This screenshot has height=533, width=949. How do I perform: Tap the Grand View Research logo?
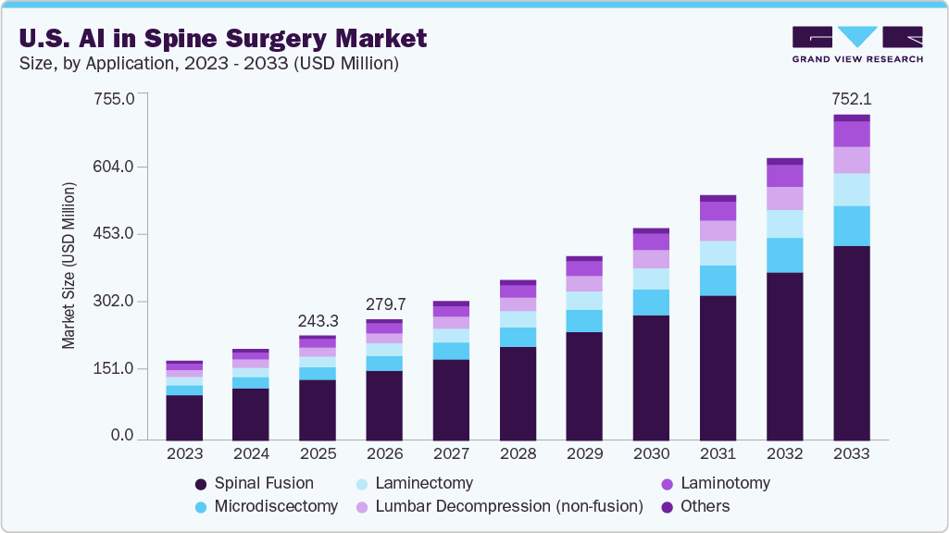click(x=856, y=43)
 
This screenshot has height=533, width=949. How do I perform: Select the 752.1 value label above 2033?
click(x=851, y=98)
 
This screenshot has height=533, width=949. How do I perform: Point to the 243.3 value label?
click(x=318, y=320)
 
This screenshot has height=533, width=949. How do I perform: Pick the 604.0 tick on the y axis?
click(x=115, y=167)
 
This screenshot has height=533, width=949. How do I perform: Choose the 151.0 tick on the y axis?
click(x=115, y=369)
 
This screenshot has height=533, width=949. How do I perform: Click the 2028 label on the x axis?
click(x=518, y=454)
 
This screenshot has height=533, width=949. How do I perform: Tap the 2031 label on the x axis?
click(x=718, y=454)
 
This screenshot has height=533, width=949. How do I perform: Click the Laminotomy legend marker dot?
click(x=665, y=484)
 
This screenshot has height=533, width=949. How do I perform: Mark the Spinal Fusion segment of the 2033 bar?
click(x=851, y=342)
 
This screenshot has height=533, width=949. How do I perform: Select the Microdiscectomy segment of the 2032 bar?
click(x=784, y=255)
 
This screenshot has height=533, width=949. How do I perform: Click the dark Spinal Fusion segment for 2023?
click(x=184, y=416)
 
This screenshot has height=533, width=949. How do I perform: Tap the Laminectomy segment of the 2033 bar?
click(x=851, y=190)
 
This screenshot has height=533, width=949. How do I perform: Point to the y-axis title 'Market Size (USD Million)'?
click(x=69, y=266)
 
